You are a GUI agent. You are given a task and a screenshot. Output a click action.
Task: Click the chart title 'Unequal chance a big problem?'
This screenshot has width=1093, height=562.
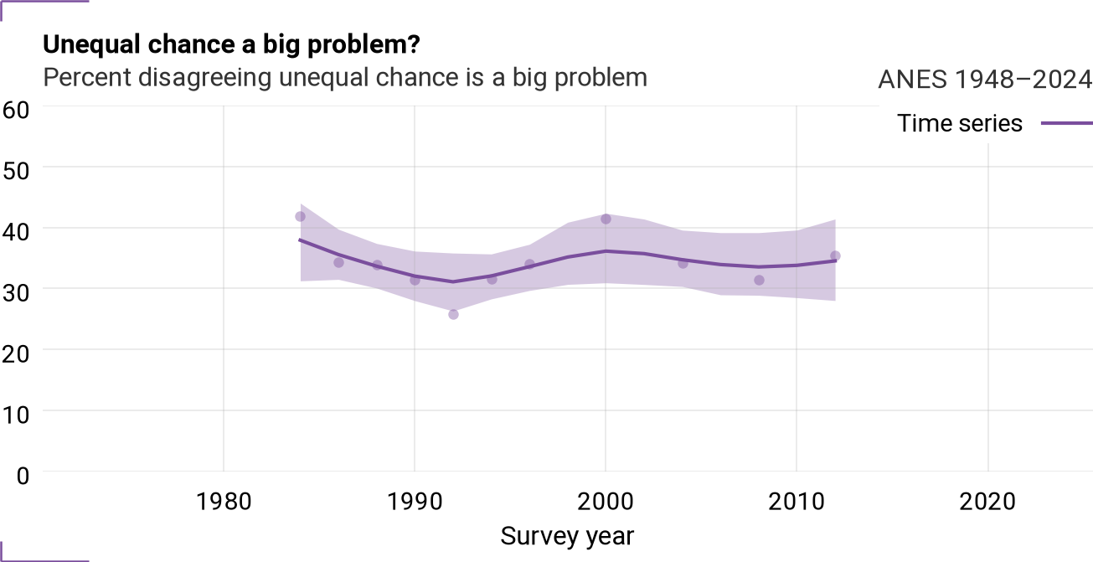pos(231,44)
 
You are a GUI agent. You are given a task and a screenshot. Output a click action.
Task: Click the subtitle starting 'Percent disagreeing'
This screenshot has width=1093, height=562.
pos(345,78)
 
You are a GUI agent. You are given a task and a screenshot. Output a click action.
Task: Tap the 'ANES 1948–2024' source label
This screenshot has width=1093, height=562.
pos(985,80)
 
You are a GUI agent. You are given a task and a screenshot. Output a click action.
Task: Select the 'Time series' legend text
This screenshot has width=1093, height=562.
pos(959,123)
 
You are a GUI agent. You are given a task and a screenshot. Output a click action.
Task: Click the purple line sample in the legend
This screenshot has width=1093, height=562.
pos(1067,123)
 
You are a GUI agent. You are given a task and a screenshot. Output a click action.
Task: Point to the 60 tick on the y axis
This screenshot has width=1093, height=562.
pos(16,110)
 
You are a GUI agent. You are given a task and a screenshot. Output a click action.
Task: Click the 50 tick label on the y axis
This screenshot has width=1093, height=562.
pos(16,171)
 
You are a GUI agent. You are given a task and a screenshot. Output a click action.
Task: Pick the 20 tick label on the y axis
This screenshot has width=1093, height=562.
pos(16,353)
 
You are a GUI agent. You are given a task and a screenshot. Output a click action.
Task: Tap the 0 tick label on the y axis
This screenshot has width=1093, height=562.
pos(23,476)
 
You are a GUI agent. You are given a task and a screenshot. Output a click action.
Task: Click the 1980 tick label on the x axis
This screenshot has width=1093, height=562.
pos(224,502)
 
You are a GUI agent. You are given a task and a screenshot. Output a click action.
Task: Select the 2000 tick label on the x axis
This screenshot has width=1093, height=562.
pos(606,502)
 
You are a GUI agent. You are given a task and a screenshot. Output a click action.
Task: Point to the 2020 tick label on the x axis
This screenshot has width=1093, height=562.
pos(987,502)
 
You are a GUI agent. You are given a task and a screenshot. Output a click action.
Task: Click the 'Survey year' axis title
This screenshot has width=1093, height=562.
pos(567,536)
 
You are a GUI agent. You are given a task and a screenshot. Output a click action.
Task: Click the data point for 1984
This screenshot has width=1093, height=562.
pos(301,217)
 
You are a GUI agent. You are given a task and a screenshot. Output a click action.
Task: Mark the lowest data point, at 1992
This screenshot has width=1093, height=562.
pos(453,315)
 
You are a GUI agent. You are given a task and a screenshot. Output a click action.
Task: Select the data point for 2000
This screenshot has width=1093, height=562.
pos(606,219)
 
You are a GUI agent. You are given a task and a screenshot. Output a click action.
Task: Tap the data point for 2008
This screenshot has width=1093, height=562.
pos(759,280)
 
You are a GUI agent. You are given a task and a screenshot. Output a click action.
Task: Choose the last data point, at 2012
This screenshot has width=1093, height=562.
pos(835,255)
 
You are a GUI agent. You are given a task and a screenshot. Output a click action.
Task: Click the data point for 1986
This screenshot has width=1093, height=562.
pos(338,262)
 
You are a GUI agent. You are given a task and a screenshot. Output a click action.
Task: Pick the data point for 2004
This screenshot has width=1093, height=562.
pos(683,264)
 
